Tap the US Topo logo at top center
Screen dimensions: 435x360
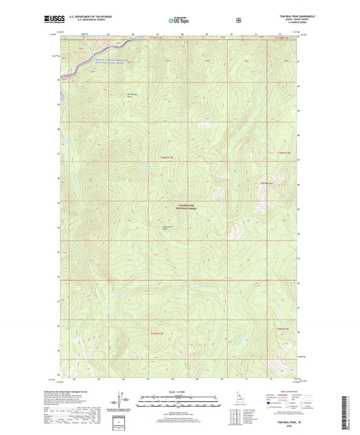pyautogui.click(x=178, y=21)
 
